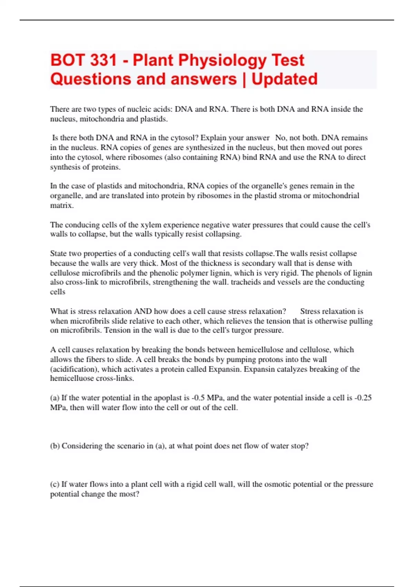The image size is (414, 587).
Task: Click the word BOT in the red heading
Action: point(67,60)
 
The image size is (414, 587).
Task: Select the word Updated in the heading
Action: point(284,79)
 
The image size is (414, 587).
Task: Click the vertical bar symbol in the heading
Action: point(244,79)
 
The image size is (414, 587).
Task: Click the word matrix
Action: point(61,205)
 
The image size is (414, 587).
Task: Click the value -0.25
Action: point(363,398)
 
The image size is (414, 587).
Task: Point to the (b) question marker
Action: point(55,446)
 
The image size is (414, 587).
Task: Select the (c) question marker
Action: point(55,484)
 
